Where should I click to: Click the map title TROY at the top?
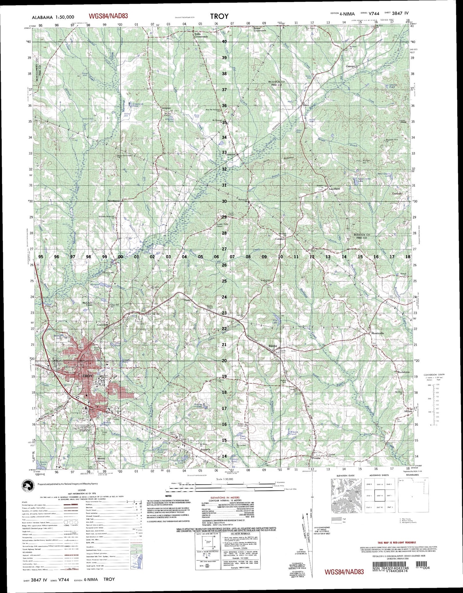[x=219, y=16]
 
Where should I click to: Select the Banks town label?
[x=272, y=346]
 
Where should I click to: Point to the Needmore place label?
[x=113, y=201]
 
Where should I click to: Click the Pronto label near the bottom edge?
[x=316, y=458]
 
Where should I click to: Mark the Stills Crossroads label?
[x=201, y=35]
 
